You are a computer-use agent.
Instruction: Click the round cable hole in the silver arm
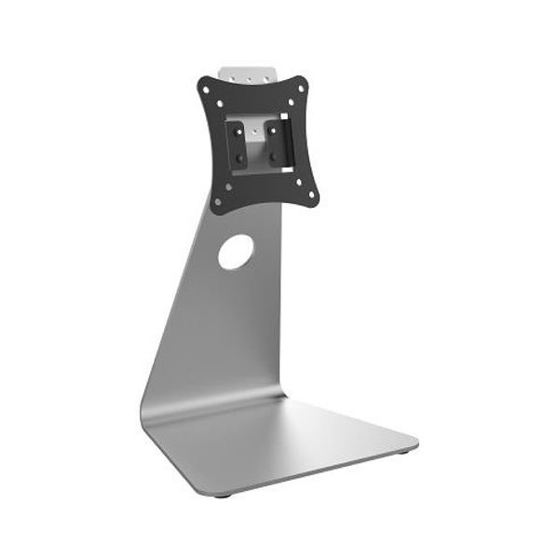coord(236,252)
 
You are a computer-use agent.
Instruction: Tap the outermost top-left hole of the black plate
coord(206,89)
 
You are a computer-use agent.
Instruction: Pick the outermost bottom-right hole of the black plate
coord(311,194)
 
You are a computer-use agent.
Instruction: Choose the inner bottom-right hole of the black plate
coord(299,183)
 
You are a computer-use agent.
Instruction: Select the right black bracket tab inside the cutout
coord(275,143)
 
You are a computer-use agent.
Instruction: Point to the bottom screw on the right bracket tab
coord(274,157)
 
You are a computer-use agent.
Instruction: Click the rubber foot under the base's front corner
coord(221,495)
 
